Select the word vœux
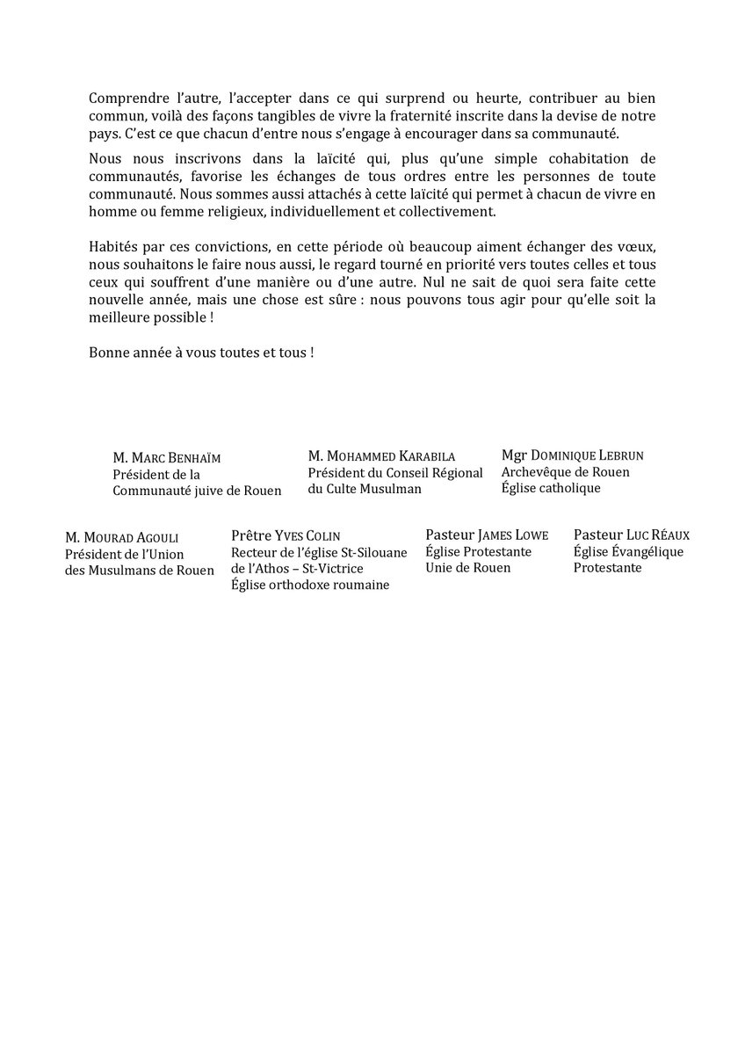point(637,244)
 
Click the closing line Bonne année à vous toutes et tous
point(201,353)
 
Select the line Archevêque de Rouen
point(565,472)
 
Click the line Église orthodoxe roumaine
point(310,585)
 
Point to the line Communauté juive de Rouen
point(197,491)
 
